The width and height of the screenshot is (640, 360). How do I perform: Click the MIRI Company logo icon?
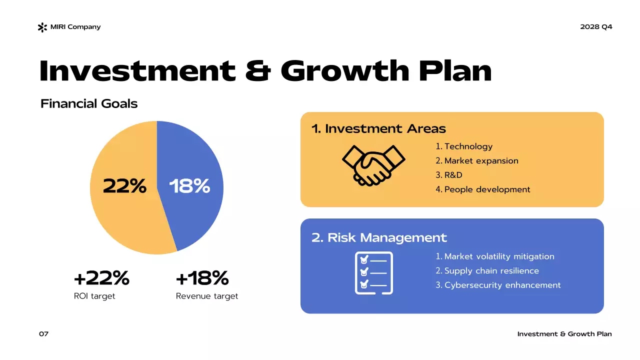[x=42, y=27]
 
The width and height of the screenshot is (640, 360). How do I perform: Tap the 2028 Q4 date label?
[x=596, y=27]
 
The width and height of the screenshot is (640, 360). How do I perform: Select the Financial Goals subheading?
[x=89, y=104]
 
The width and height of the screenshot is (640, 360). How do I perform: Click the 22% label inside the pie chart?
[x=124, y=186]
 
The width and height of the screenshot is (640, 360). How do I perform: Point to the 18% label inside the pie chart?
[x=189, y=186]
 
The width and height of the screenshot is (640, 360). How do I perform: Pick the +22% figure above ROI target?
[x=101, y=278]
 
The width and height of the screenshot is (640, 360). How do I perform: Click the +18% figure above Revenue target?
[x=202, y=278]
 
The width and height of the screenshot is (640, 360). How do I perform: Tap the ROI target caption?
[x=94, y=296]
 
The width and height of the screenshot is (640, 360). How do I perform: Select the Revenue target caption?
[x=207, y=296]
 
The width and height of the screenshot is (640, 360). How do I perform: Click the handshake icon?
[x=373, y=165]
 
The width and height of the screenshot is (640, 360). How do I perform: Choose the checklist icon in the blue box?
[x=373, y=273]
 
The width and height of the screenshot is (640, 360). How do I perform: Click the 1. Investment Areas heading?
[x=378, y=129]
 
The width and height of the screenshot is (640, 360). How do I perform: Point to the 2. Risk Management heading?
[x=379, y=237]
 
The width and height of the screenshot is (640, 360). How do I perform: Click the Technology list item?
[x=468, y=146]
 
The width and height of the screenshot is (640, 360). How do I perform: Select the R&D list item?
[x=453, y=175]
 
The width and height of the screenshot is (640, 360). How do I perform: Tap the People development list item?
[x=487, y=189]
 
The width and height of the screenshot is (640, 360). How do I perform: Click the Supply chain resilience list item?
[x=491, y=271]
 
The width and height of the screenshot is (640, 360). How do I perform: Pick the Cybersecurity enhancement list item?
[x=502, y=285]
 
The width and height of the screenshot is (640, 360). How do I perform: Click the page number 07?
[x=44, y=334]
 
